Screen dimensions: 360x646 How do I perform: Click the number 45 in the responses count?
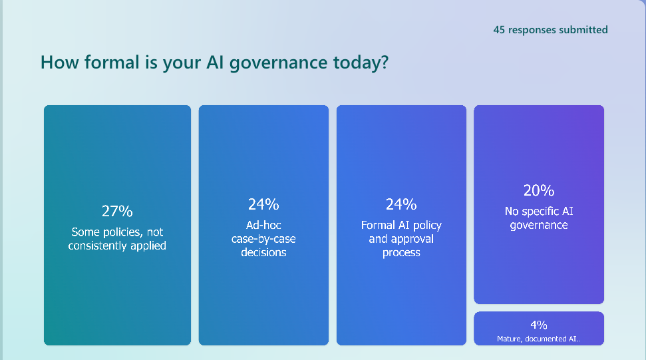500,30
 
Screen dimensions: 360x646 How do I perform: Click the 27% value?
117,212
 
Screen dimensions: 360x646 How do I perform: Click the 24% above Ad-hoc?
263,204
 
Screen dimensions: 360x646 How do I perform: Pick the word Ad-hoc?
263,225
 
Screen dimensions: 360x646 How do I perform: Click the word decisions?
263,252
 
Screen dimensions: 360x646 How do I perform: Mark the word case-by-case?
263,239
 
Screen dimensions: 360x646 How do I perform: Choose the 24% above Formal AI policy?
401,204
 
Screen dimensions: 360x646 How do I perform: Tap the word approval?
401,239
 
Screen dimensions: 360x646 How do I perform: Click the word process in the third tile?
401,253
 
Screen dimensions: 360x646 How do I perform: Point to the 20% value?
539,190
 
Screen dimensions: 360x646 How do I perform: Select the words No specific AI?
539,212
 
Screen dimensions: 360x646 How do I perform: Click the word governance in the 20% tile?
539,225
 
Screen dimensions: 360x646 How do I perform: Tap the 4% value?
539,325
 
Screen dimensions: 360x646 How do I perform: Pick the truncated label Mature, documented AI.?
539,339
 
